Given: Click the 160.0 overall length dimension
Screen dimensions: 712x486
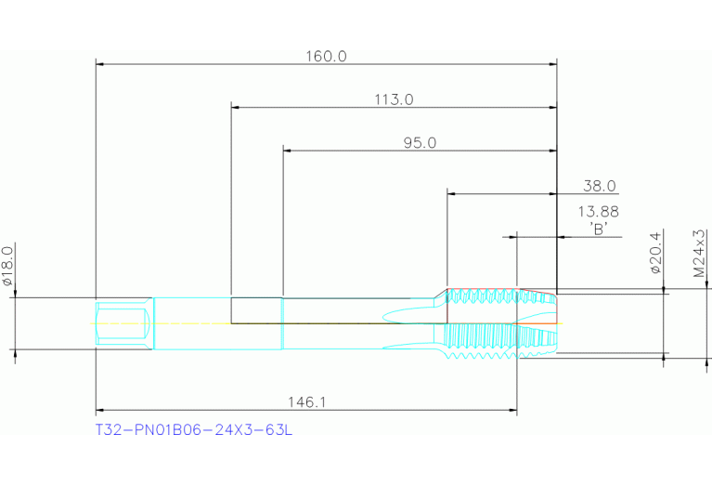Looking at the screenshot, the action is tap(326, 57).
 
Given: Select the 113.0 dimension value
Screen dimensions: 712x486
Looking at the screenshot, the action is tap(394, 99).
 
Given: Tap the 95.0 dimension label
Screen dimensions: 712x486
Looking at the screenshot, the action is tap(420, 143).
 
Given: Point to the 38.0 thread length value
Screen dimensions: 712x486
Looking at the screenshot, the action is tap(600, 186).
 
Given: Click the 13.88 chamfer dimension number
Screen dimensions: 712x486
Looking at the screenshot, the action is tap(598, 211).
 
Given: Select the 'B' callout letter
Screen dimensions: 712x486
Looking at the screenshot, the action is tap(599, 229).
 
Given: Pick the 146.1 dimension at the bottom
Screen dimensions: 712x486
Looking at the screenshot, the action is tap(307, 402).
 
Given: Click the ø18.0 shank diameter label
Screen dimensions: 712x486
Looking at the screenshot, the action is tap(7, 266).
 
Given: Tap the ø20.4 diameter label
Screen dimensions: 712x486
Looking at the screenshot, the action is tap(656, 253).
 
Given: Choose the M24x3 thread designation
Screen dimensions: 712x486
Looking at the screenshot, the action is tap(699, 254).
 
